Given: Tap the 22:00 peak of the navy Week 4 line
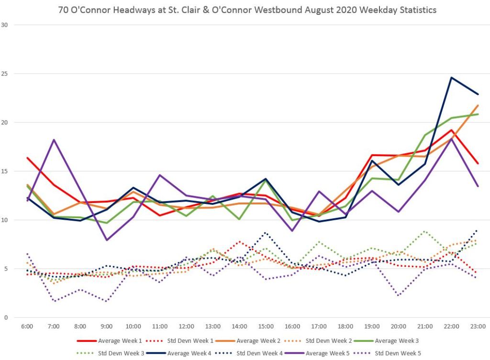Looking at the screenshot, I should click(451, 78).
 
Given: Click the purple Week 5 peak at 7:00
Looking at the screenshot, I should click(54, 140).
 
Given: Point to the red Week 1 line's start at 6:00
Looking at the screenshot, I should click(27, 158).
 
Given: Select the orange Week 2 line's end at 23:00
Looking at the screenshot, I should click(478, 105).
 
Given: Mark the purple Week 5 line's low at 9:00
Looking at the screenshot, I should click(107, 240).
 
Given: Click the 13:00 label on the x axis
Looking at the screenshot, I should click(212, 326).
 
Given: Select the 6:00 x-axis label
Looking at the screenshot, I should click(27, 326).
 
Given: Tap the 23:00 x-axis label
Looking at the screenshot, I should click(478, 326).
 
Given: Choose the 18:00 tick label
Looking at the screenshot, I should click(345, 326).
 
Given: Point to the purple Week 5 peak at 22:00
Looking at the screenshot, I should click(451, 139).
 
